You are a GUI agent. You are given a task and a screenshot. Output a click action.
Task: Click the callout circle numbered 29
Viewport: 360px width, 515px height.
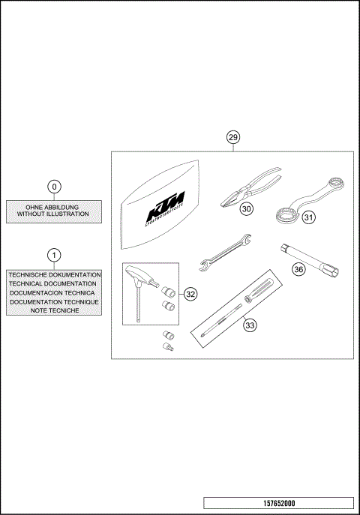click(x=233, y=137)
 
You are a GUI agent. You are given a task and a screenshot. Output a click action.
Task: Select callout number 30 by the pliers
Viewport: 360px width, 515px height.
click(x=247, y=210)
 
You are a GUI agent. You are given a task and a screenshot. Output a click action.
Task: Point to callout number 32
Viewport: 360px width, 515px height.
click(x=190, y=295)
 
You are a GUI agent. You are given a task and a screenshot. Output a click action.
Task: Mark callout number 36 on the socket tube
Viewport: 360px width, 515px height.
click(x=298, y=269)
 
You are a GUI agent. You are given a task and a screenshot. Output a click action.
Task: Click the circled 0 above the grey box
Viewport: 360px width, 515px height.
click(x=54, y=186)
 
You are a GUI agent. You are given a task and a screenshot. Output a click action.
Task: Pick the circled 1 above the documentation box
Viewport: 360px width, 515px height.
click(x=54, y=256)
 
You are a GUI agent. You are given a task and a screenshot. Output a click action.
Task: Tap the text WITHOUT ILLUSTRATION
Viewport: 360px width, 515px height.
click(x=53, y=214)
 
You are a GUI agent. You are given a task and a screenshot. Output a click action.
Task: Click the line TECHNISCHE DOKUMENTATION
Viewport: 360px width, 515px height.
click(x=53, y=275)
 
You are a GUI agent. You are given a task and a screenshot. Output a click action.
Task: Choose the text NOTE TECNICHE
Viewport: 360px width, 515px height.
click(x=53, y=310)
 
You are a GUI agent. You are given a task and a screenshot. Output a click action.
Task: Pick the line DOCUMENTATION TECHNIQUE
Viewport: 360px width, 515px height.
click(x=53, y=301)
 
